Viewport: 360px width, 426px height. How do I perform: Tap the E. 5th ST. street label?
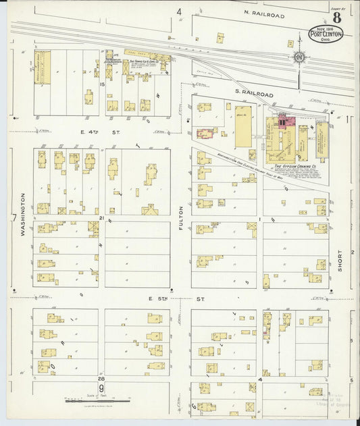pos(200,297)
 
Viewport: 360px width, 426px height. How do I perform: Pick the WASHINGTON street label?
pos(22,215)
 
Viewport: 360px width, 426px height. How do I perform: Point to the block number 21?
pos(101,219)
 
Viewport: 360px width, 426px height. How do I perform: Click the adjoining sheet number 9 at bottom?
pos(101,388)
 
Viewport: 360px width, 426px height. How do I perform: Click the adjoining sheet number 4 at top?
pos(180,11)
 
